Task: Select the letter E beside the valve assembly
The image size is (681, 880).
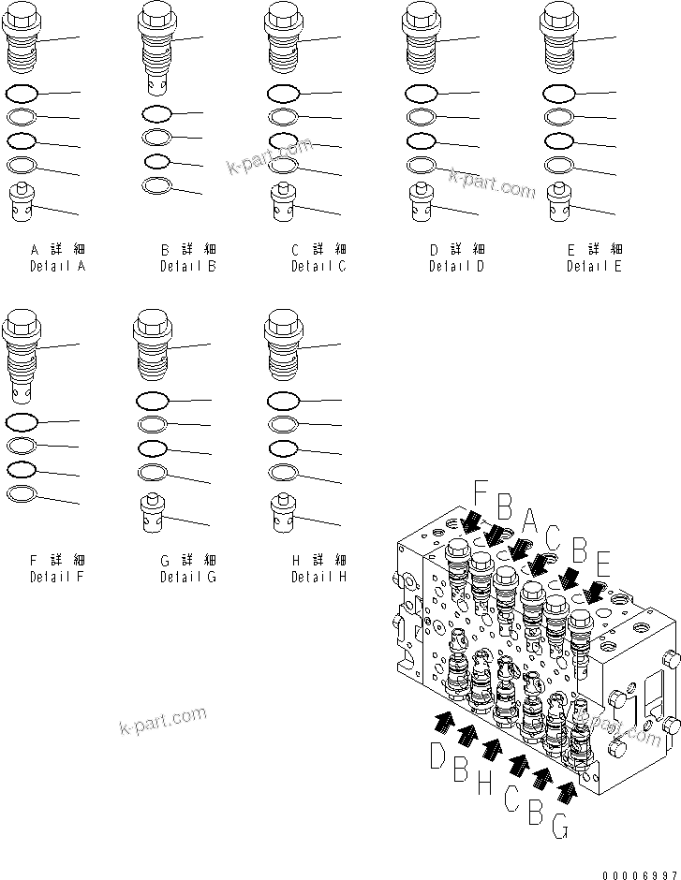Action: click(x=604, y=565)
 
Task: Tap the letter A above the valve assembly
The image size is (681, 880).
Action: click(x=530, y=518)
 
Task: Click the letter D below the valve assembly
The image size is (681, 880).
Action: click(x=437, y=755)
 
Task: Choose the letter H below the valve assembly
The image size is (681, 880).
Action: click(x=483, y=783)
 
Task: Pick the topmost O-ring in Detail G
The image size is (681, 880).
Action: click(x=152, y=401)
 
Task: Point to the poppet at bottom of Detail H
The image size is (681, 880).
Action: click(x=283, y=512)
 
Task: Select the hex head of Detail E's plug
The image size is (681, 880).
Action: click(x=558, y=16)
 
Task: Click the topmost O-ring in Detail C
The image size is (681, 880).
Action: click(x=283, y=94)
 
